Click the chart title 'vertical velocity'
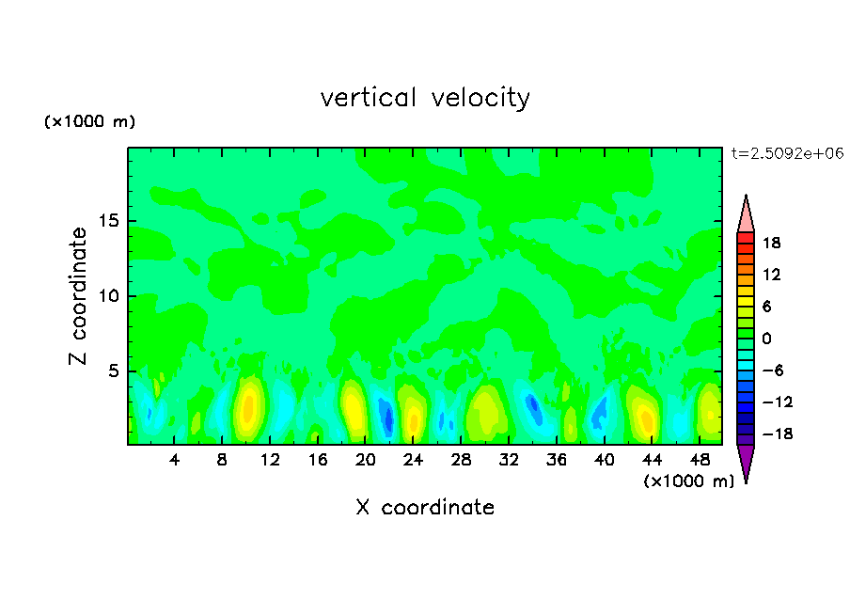tap(425, 98)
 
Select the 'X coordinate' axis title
tap(425, 508)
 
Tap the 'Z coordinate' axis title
tap(79, 296)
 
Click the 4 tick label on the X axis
tap(175, 460)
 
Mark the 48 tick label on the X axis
tap(700, 460)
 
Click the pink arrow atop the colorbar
tap(746, 214)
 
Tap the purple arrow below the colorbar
tap(746, 462)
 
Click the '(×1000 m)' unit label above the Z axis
tap(89, 122)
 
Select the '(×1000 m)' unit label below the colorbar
tap(688, 481)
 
